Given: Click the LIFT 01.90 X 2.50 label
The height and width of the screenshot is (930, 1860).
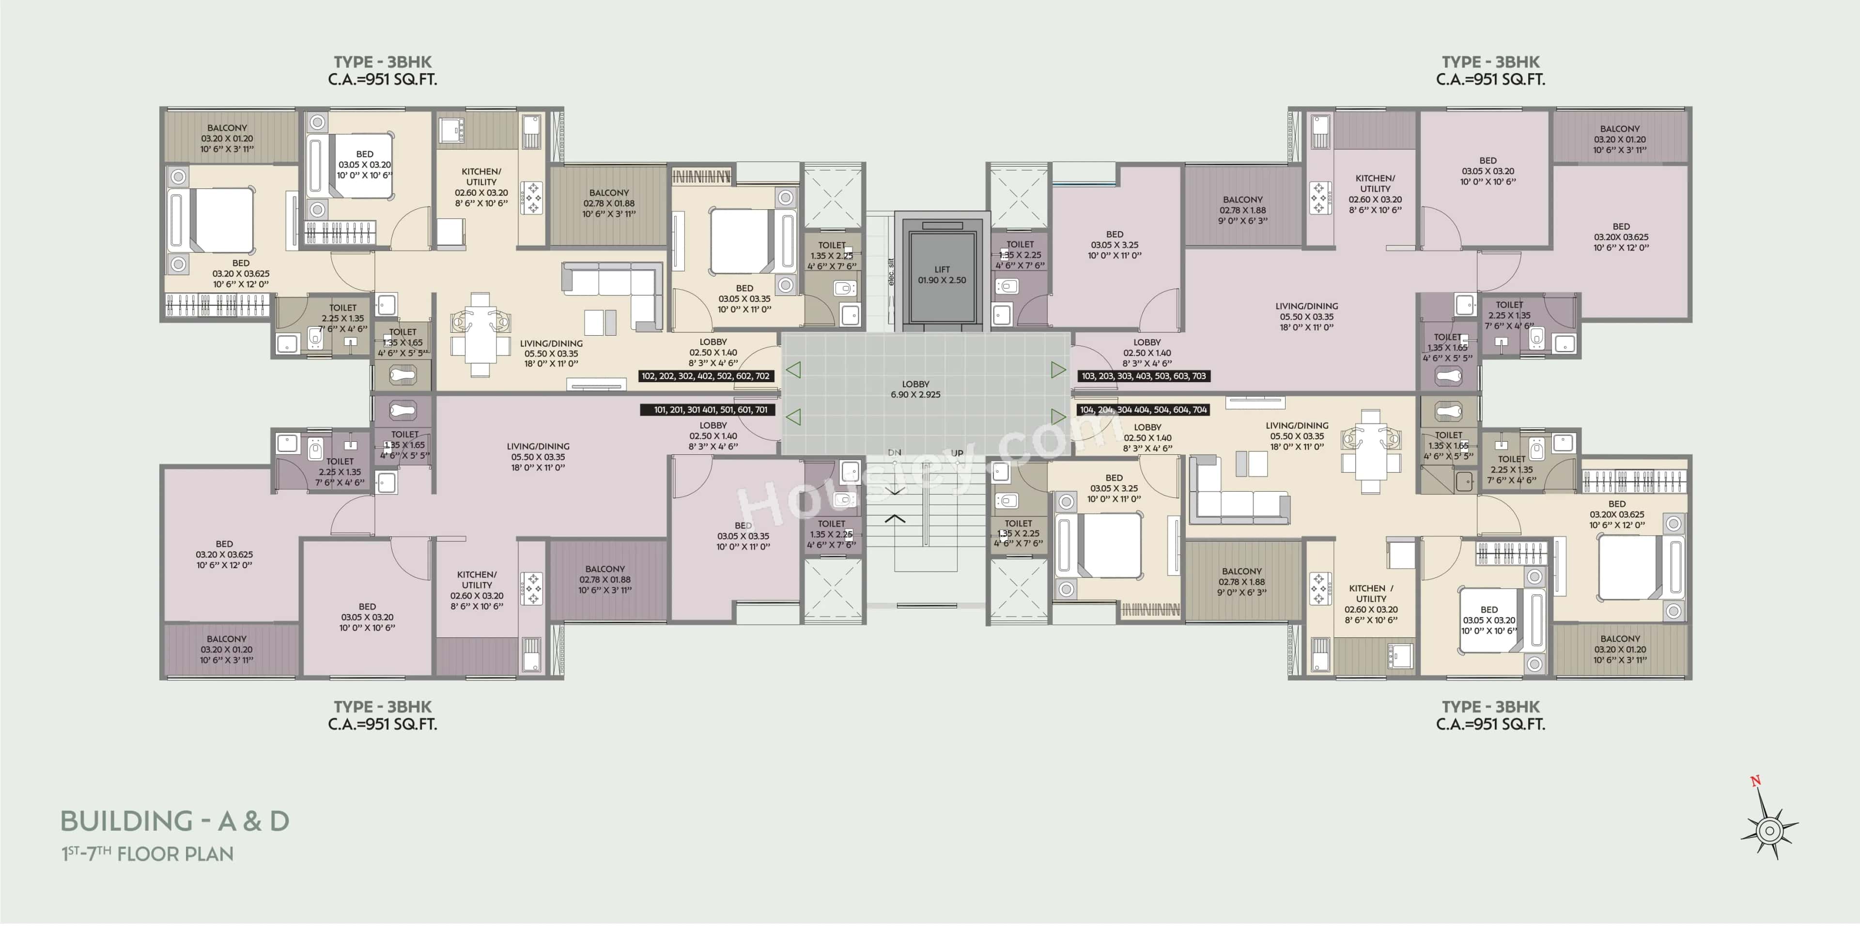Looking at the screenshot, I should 942,274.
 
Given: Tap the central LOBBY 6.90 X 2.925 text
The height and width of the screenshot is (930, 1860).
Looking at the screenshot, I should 915,389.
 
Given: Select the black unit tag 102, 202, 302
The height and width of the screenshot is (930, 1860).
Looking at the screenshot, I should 705,376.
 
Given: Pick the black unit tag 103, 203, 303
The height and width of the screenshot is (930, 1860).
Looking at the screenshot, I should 1143,376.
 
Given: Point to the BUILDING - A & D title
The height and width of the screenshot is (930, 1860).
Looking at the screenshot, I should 175,821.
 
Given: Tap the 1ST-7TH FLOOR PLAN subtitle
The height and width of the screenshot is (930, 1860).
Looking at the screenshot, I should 147,854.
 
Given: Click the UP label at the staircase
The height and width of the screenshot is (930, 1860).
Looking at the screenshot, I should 957,453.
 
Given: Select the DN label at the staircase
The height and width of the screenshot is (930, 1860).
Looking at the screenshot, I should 895,453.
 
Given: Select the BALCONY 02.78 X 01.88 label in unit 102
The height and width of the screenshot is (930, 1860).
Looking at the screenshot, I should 609,203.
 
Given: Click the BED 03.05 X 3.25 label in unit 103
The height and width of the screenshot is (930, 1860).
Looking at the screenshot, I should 1114,245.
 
